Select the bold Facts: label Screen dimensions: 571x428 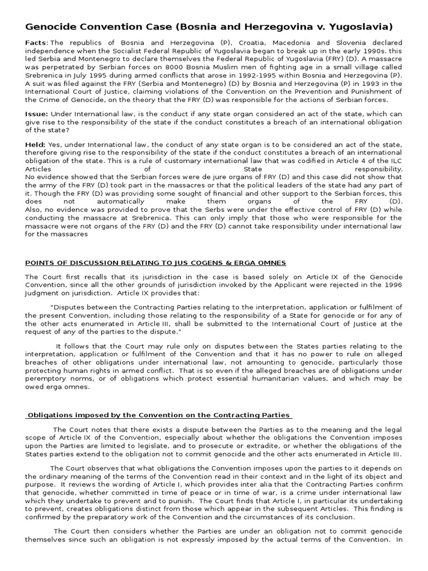pyautogui.click(x=37, y=43)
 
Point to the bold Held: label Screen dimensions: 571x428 pyautogui.click(x=37, y=145)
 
